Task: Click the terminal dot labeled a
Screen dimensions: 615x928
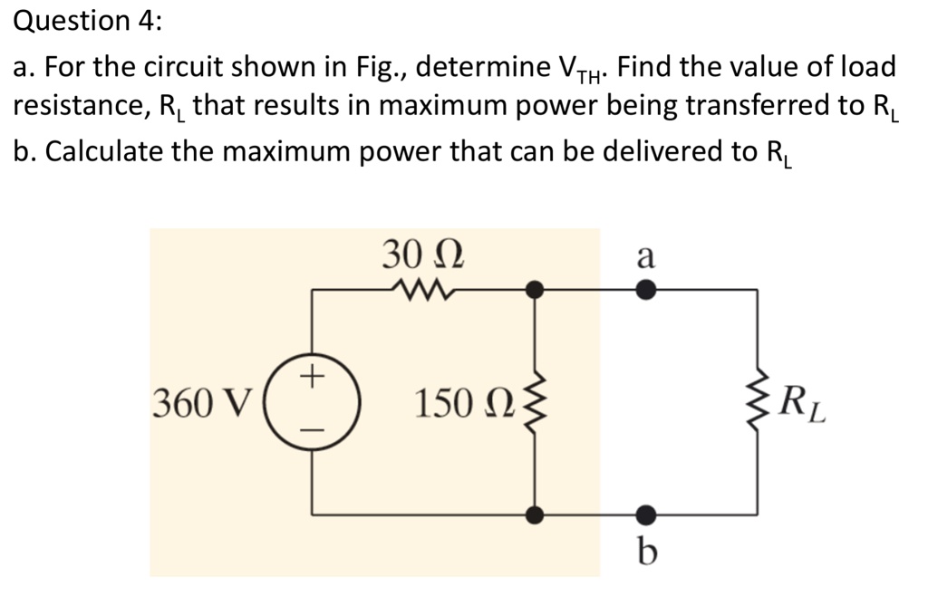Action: (x=644, y=290)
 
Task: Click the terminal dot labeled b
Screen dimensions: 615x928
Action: (x=644, y=514)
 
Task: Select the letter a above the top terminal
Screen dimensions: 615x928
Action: (x=644, y=256)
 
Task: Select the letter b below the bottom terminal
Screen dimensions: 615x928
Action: (x=644, y=551)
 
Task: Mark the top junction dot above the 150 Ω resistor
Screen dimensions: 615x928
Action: (x=536, y=290)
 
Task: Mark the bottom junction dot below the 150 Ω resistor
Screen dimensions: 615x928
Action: (x=536, y=514)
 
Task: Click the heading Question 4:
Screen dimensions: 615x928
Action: (x=87, y=22)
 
